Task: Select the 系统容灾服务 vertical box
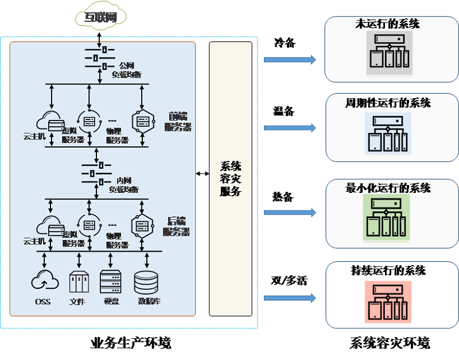tap(231, 179)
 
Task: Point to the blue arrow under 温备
tap(290, 127)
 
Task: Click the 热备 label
tap(282, 197)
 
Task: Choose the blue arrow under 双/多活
tap(290, 298)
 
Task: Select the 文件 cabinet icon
tap(79, 281)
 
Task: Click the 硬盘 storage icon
tap(111, 281)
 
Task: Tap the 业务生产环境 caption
tap(131, 343)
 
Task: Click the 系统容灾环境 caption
tap(390, 343)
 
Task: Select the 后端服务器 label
tap(178, 226)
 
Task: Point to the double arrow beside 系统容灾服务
tap(202, 173)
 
